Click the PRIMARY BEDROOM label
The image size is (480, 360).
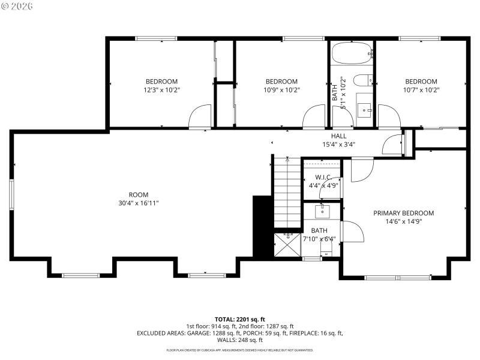tap(403, 213)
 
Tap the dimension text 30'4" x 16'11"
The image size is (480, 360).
tap(138, 203)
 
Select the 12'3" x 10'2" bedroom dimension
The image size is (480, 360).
tap(161, 90)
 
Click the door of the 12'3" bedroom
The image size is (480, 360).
tap(200, 117)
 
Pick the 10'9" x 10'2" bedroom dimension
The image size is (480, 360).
tap(281, 90)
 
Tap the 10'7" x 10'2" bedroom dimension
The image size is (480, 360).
tap(421, 90)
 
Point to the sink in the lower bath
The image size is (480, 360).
tap(322, 211)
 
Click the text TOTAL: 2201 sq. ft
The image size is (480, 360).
tap(240, 319)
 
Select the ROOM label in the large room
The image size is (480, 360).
tap(138, 194)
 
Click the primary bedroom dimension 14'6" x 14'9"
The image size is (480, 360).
tap(403, 221)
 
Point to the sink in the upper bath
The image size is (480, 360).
tap(364, 109)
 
